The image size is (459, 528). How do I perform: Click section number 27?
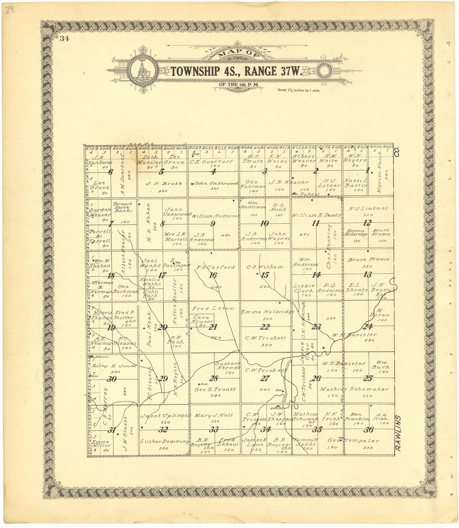pyautogui.click(x=265, y=378)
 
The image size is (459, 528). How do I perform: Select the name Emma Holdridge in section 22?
pyautogui.click(x=267, y=312)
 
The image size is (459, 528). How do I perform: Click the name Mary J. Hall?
pyautogui.click(x=213, y=415)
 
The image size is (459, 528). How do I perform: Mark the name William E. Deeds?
pyautogui.click(x=316, y=215)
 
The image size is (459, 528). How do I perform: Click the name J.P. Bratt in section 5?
pyautogui.click(x=164, y=184)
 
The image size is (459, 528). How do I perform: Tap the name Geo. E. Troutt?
pyautogui.click(x=215, y=390)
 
